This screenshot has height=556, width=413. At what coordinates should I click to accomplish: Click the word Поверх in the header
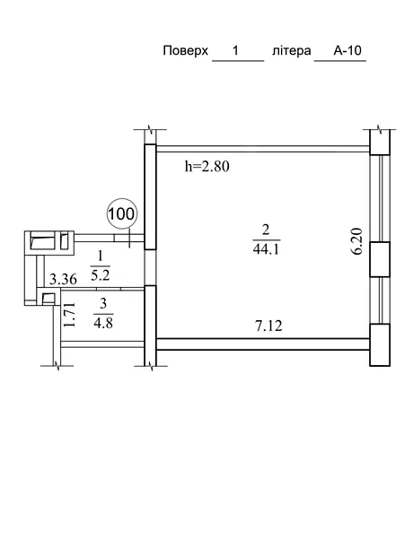[x=185, y=51]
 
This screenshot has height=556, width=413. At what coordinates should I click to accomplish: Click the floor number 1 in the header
[x=235, y=50]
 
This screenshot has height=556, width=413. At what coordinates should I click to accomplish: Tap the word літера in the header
[x=291, y=51]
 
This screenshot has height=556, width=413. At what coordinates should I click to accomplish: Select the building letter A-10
[x=347, y=50]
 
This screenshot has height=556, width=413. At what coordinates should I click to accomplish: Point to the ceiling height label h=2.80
[x=207, y=166]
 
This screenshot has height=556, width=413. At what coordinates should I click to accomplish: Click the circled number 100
[x=121, y=213]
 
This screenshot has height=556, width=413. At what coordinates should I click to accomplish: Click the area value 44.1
[x=266, y=249]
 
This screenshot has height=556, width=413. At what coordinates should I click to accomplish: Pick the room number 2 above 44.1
[x=266, y=230]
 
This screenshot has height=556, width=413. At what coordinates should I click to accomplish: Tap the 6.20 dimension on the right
[x=358, y=240]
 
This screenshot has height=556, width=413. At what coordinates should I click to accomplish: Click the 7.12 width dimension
[x=268, y=326]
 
